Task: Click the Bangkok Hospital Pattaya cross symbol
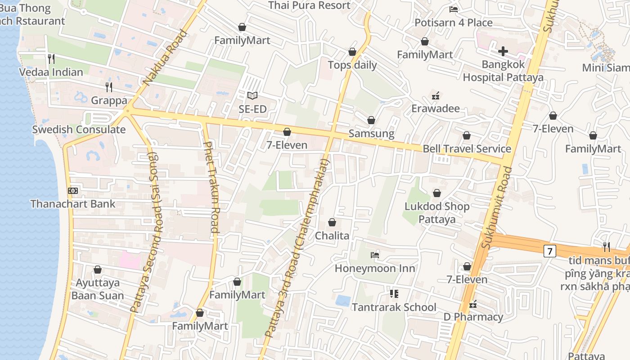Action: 503,51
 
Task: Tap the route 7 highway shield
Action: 549,251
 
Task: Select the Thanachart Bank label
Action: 73,203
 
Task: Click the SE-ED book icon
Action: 252,95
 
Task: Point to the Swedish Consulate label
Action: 79,130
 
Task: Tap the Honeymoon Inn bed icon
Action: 374,255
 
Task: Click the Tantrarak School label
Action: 394,307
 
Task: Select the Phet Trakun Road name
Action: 211,187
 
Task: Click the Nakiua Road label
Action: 164,58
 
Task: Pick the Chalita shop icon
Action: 332,222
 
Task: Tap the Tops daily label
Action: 352,65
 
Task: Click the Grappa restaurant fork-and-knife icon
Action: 108,87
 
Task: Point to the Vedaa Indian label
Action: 51,72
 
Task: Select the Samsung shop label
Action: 371,134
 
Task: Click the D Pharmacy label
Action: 473,317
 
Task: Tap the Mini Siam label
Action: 606,67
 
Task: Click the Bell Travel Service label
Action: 467,148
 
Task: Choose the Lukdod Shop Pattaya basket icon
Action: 436,193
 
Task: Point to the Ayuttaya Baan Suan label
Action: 98,289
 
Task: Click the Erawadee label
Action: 435,108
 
